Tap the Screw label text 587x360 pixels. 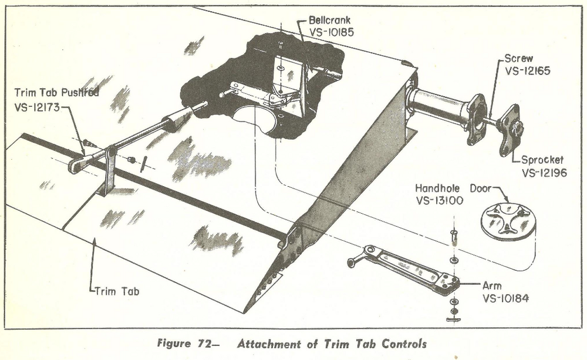(x=519, y=59)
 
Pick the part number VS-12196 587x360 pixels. (x=545, y=173)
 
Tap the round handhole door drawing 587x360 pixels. (x=508, y=221)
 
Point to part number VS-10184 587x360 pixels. (x=505, y=298)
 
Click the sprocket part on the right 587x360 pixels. (x=509, y=129)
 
